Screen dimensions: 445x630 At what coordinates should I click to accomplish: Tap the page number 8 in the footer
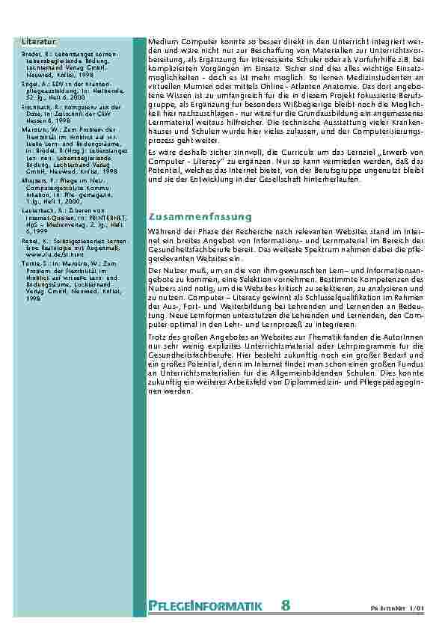[286, 605]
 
